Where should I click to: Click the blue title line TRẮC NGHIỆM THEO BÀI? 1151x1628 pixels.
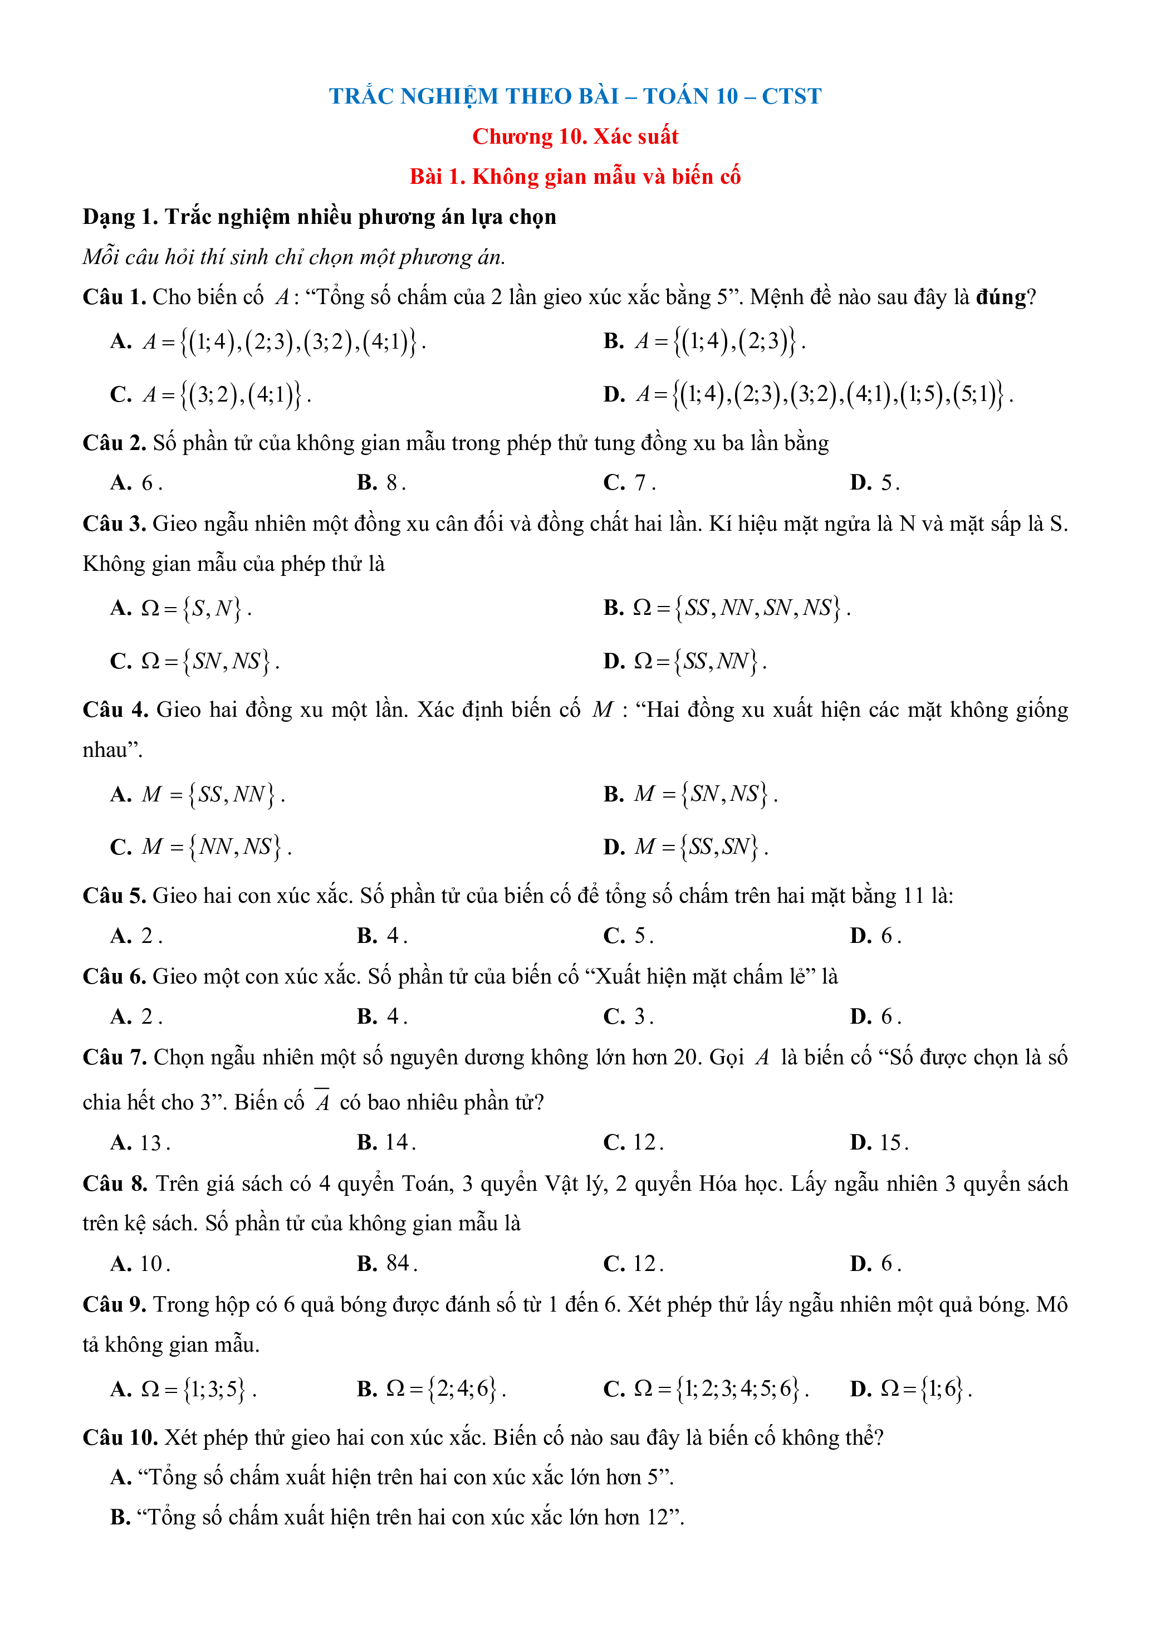[575, 96]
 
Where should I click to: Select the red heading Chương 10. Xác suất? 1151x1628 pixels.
[575, 136]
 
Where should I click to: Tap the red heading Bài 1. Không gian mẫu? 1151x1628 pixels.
[575, 177]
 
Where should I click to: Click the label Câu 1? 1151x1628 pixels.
[114, 297]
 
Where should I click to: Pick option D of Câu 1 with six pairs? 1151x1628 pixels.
[808, 394]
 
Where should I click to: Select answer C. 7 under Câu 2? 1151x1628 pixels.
[629, 483]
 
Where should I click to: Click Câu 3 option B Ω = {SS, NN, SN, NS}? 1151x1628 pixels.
[727, 608]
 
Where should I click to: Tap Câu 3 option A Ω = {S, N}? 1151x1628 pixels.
[181, 608]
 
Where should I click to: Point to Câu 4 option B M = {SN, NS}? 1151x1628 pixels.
[690, 794]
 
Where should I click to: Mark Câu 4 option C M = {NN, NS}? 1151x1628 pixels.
[200, 847]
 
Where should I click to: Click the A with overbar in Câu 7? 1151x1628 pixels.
[322, 1102]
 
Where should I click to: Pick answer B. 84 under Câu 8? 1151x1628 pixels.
[386, 1264]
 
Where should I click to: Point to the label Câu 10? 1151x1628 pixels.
[120, 1438]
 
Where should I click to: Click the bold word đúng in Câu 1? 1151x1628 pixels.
[1001, 297]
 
